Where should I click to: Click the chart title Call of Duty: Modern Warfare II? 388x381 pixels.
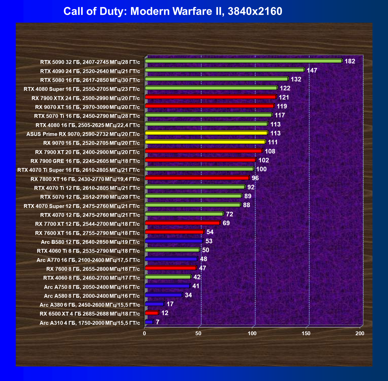173,11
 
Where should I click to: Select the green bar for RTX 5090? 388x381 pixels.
243,61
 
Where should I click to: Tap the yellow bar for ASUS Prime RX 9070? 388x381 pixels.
206,133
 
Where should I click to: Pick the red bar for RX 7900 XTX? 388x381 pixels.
210,97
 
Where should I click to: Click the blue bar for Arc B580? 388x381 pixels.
174,241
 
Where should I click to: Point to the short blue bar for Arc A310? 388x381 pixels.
149,322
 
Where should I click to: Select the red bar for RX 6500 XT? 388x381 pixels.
152,313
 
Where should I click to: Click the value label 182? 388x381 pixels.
350,61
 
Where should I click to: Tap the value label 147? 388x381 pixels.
312,70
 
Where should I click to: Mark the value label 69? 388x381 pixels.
226,223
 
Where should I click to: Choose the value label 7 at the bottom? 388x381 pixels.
158,322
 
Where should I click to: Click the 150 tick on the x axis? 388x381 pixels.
306,333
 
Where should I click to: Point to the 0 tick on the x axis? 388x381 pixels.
144,333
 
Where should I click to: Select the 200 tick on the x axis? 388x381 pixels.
360,333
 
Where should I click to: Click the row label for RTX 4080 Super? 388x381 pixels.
82,89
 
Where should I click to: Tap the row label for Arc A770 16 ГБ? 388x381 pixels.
88,260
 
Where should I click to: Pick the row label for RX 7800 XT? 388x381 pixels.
85,179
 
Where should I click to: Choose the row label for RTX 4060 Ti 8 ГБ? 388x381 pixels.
88,251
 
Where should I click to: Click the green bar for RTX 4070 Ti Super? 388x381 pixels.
199,169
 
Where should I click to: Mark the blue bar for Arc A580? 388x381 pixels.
163,295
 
